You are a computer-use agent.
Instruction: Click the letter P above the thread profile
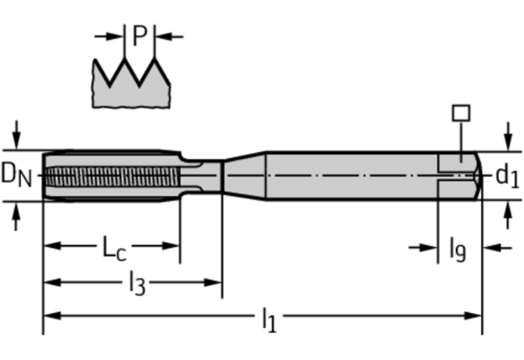[139, 35]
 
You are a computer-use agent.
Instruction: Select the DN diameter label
[16, 174]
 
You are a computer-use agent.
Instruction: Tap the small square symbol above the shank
[461, 113]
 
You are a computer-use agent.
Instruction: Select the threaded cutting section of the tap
[109, 175]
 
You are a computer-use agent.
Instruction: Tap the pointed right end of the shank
[476, 175]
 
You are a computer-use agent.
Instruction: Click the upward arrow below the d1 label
[508, 214]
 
